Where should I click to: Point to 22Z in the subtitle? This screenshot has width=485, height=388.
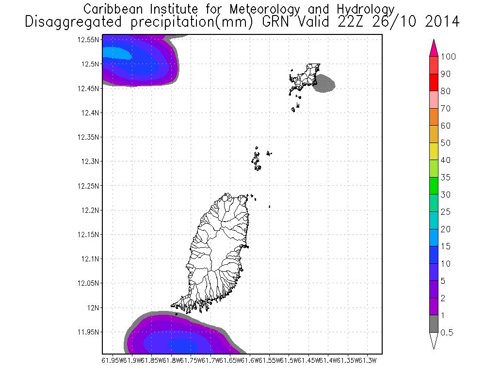[359, 21]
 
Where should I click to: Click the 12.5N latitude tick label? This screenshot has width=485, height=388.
[91, 64]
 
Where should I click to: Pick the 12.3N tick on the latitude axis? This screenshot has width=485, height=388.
[91, 162]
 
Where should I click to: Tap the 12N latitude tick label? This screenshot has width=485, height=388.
[93, 307]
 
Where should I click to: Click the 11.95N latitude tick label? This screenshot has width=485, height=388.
[89, 332]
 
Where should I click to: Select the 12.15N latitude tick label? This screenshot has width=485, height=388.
[89, 235]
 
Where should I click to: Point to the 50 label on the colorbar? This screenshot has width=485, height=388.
[445, 143]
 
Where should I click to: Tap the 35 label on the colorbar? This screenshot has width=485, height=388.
[445, 178]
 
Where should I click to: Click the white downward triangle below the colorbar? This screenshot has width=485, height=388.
[434, 340]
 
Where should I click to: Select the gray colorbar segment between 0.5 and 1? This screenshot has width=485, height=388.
[434, 323]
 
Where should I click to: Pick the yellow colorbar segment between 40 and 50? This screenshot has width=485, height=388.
[434, 151]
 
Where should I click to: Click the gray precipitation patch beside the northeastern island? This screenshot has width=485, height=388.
[324, 83]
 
